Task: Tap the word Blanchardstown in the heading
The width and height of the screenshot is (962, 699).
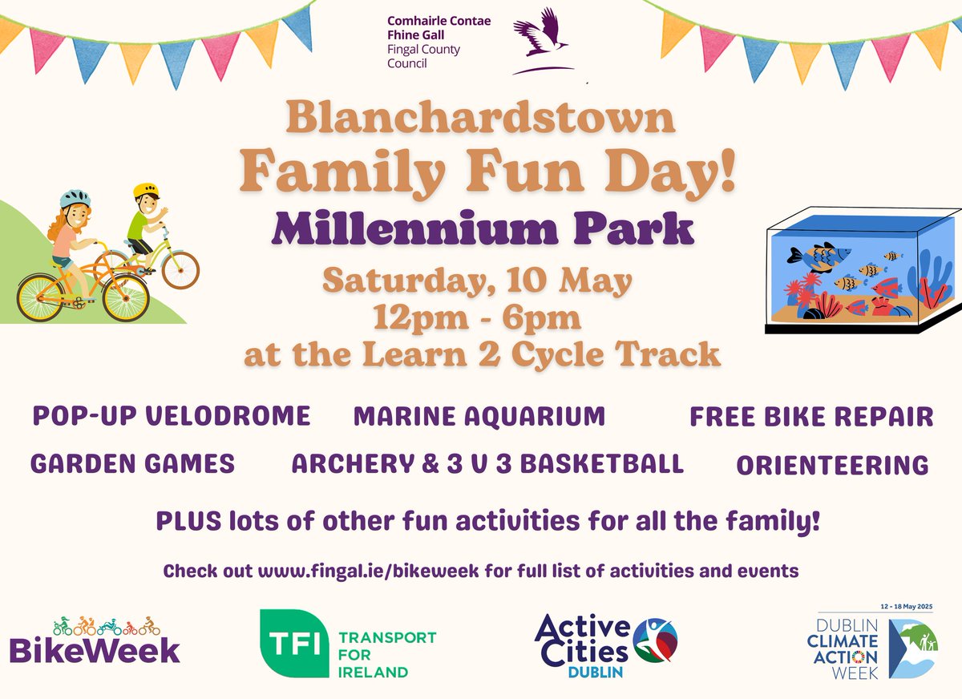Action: coord(480,118)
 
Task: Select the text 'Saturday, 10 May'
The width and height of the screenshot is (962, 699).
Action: coord(478,281)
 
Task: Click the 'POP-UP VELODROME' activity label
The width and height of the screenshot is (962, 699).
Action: coord(171,416)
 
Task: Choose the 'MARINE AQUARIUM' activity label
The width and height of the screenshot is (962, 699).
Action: coord(479,417)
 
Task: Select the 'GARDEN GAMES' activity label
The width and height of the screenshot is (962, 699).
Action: coord(133,464)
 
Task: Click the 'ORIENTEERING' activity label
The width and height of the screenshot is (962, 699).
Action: coord(831,466)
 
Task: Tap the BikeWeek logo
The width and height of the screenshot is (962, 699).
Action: coord(95,641)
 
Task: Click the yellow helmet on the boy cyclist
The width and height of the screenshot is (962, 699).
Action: coord(146,191)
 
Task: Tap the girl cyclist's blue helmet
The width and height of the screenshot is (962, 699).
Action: coord(75,197)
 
